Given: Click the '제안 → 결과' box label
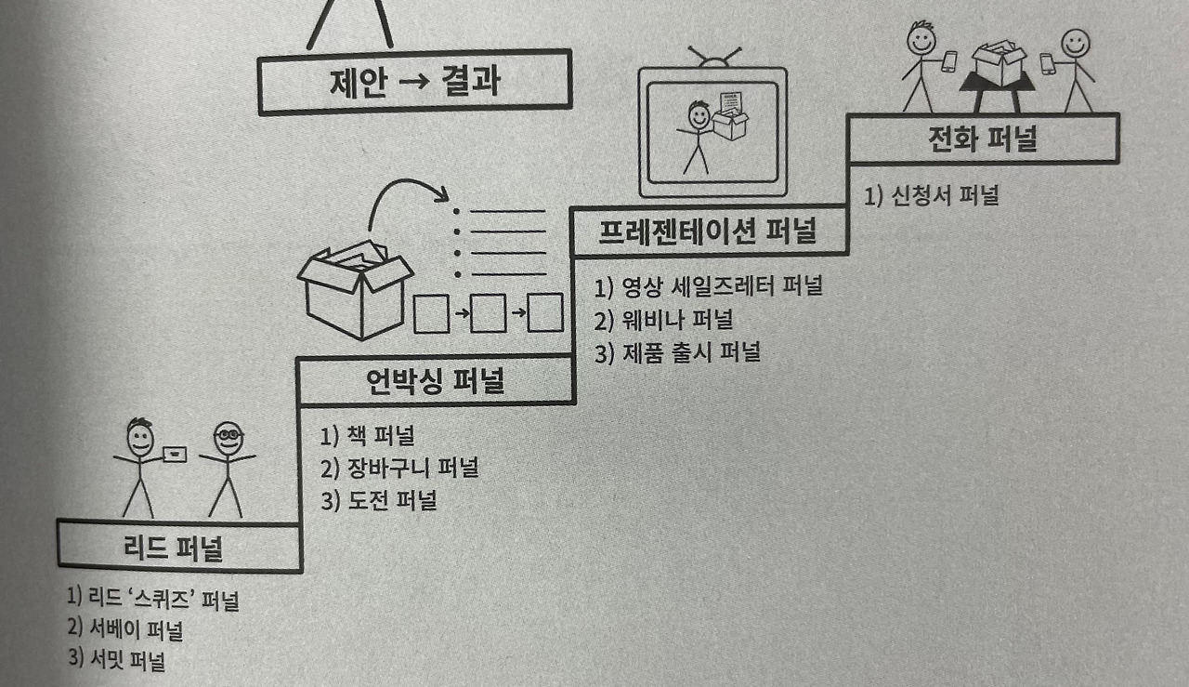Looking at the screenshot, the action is (x=414, y=83).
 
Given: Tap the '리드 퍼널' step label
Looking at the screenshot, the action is (x=173, y=548).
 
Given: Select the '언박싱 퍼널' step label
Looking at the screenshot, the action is (x=436, y=380).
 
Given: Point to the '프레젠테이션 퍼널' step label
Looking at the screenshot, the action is (x=708, y=231).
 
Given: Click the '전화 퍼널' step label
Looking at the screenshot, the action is (x=983, y=139).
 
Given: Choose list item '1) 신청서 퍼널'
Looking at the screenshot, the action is (x=932, y=195).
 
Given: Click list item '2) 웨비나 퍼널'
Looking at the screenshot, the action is (x=663, y=320).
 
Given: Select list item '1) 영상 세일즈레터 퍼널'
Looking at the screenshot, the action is (x=709, y=287).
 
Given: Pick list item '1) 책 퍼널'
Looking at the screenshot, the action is (x=367, y=436).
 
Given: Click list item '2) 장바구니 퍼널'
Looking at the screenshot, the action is (x=399, y=469).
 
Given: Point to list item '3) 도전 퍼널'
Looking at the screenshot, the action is (x=378, y=501).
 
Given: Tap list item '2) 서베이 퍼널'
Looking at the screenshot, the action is (x=125, y=629).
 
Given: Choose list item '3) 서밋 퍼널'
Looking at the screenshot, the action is (x=117, y=660).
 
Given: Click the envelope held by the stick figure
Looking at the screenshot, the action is (x=175, y=455).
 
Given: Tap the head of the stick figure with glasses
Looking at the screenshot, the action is (x=229, y=439).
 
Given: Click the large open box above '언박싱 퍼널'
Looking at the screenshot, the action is (x=356, y=289).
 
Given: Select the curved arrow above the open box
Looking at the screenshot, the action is (x=403, y=182).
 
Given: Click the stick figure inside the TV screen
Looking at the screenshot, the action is (x=697, y=137).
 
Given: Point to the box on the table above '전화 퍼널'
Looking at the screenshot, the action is (x=999, y=62).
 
